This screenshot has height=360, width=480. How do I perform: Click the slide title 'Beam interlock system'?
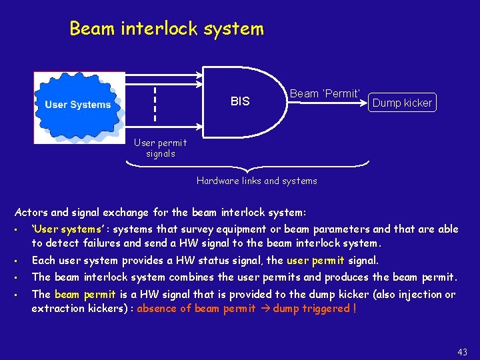[167, 29]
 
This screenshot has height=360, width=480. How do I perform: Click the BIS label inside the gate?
[240, 101]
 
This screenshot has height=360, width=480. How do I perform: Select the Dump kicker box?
[402, 103]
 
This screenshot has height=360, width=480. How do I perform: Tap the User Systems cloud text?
[78, 105]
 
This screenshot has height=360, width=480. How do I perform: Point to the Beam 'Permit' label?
[325, 94]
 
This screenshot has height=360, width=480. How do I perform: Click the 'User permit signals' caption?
[160, 148]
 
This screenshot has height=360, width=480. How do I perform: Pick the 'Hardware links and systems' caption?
[257, 181]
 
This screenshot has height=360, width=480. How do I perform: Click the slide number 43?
[463, 352]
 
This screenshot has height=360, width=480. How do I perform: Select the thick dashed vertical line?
[155, 103]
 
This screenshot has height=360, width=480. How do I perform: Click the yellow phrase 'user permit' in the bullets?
[315, 261]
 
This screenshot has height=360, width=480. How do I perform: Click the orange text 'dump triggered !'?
[315, 309]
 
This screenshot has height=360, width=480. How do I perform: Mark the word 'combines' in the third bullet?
[191, 277]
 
